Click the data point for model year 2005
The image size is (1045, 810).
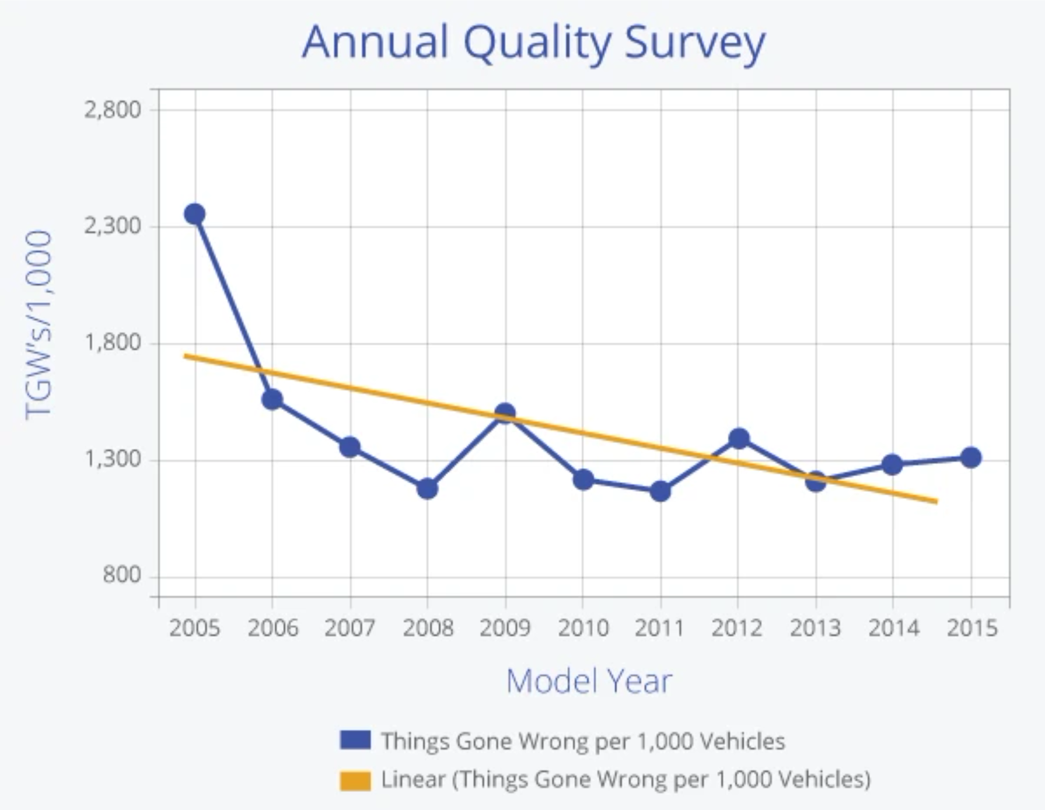195,214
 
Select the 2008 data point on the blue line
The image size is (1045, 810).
427,488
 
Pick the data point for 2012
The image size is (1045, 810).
739,438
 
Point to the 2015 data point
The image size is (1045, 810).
971,458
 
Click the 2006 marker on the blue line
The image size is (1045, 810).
272,400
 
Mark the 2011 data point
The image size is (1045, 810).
660,491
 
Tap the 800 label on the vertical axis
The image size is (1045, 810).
122,575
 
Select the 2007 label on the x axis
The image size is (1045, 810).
350,629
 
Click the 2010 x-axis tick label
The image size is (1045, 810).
583,629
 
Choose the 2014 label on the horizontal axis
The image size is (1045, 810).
893,629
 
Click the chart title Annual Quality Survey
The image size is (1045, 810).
533,42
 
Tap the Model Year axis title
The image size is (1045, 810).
589,681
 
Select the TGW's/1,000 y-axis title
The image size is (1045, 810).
39,324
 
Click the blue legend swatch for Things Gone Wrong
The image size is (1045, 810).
355,741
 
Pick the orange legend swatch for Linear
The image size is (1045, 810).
355,780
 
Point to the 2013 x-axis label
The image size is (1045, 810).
815,629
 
